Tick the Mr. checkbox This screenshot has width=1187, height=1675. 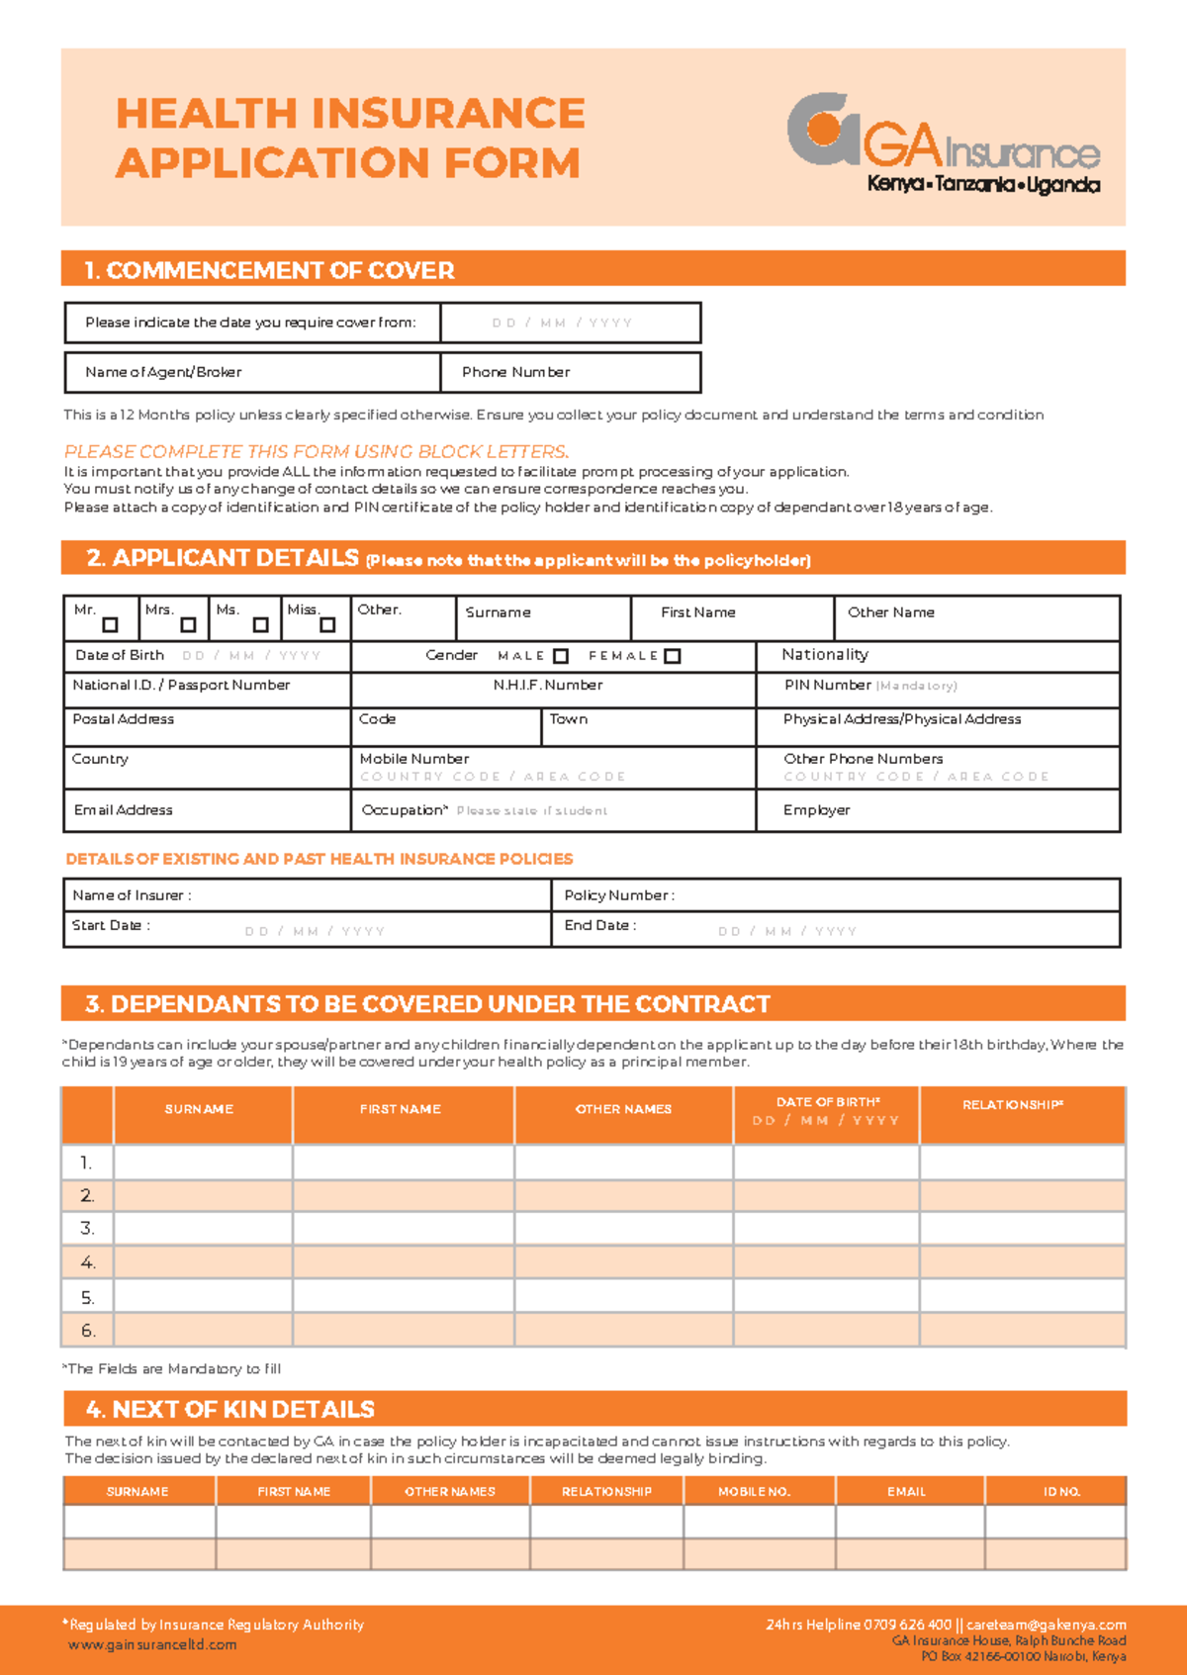(x=110, y=625)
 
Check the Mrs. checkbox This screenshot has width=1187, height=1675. (x=188, y=625)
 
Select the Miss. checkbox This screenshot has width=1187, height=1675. (x=327, y=625)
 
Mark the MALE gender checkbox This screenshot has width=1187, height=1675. (x=561, y=656)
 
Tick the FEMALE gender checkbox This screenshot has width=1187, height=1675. (x=673, y=656)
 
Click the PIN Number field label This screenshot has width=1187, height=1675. (x=827, y=685)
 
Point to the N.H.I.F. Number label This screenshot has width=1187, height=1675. (x=547, y=685)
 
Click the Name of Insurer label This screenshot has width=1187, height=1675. (x=131, y=895)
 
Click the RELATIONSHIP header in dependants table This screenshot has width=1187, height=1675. (x=1012, y=1105)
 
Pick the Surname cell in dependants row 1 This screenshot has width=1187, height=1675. (x=203, y=1163)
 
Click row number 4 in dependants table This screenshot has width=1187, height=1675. (x=88, y=1262)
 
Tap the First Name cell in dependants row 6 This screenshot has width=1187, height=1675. (x=403, y=1331)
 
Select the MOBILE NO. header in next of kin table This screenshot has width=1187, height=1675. (x=754, y=1491)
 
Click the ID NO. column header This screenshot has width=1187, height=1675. (x=1061, y=1491)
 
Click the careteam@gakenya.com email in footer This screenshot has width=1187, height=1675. (x=1046, y=1625)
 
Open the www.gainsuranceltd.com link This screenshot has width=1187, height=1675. (x=152, y=1645)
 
